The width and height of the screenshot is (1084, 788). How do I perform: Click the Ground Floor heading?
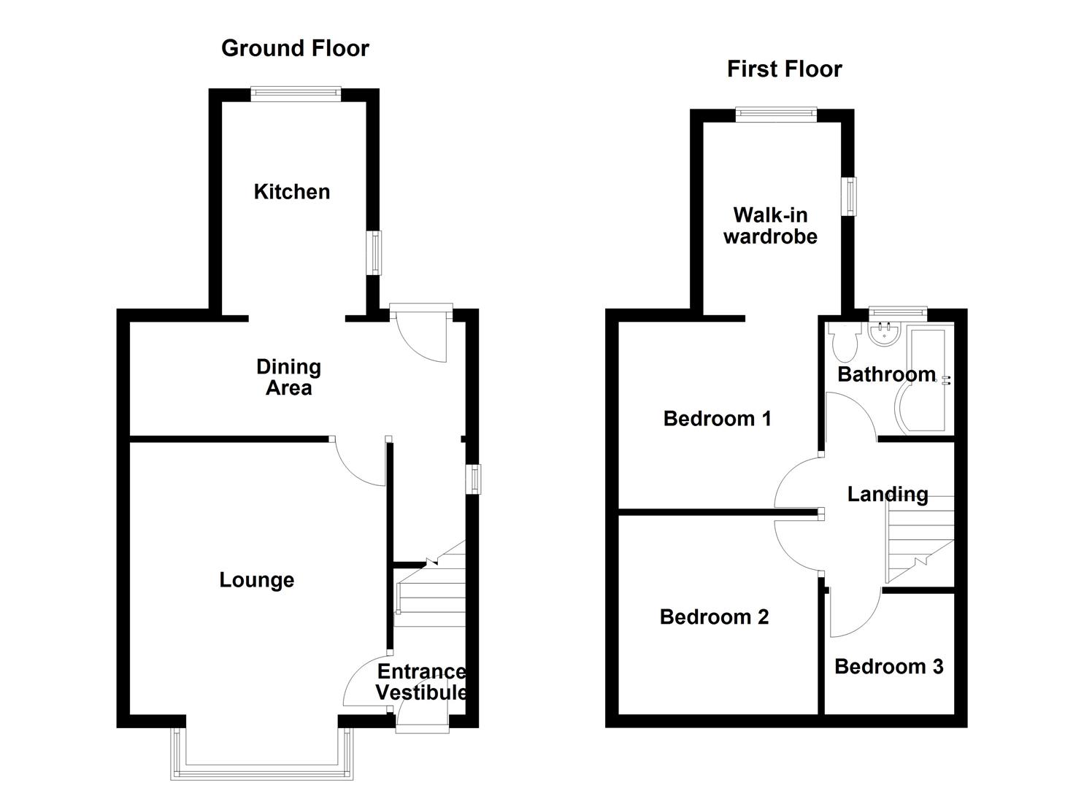click(295, 48)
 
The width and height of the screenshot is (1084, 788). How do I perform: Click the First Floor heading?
click(784, 69)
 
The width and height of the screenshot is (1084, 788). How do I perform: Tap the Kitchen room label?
click(291, 192)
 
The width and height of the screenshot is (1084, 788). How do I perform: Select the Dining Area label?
click(288, 377)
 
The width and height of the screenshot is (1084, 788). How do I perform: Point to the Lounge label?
click(256, 580)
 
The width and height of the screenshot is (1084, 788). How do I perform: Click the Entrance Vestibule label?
click(421, 681)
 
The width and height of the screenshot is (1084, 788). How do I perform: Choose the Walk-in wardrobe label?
click(770, 225)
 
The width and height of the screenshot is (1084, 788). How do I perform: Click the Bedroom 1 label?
click(717, 419)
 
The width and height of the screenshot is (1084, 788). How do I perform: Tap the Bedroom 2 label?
click(714, 617)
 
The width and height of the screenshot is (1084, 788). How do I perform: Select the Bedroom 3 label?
click(888, 667)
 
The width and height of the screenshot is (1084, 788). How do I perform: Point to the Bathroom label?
click(886, 374)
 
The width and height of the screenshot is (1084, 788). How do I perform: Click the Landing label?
click(887, 495)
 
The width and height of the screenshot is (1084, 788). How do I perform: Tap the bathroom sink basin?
click(884, 336)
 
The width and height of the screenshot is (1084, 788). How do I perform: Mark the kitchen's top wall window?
click(295, 93)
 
